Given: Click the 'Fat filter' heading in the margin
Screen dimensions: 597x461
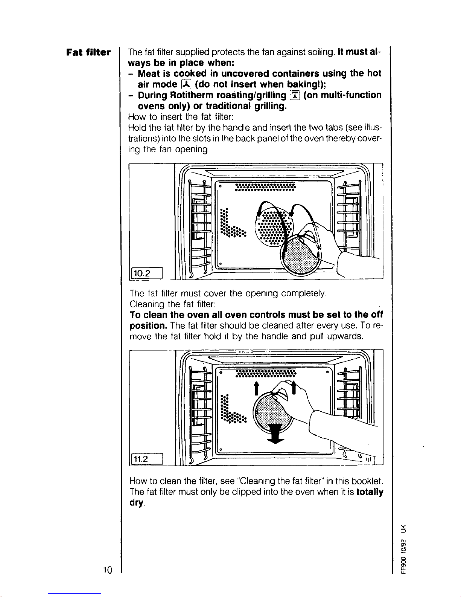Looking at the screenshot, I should [x=88, y=52].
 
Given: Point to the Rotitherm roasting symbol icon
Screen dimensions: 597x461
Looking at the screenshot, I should [x=295, y=95].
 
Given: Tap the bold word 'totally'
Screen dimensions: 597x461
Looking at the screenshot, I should [x=370, y=492].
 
